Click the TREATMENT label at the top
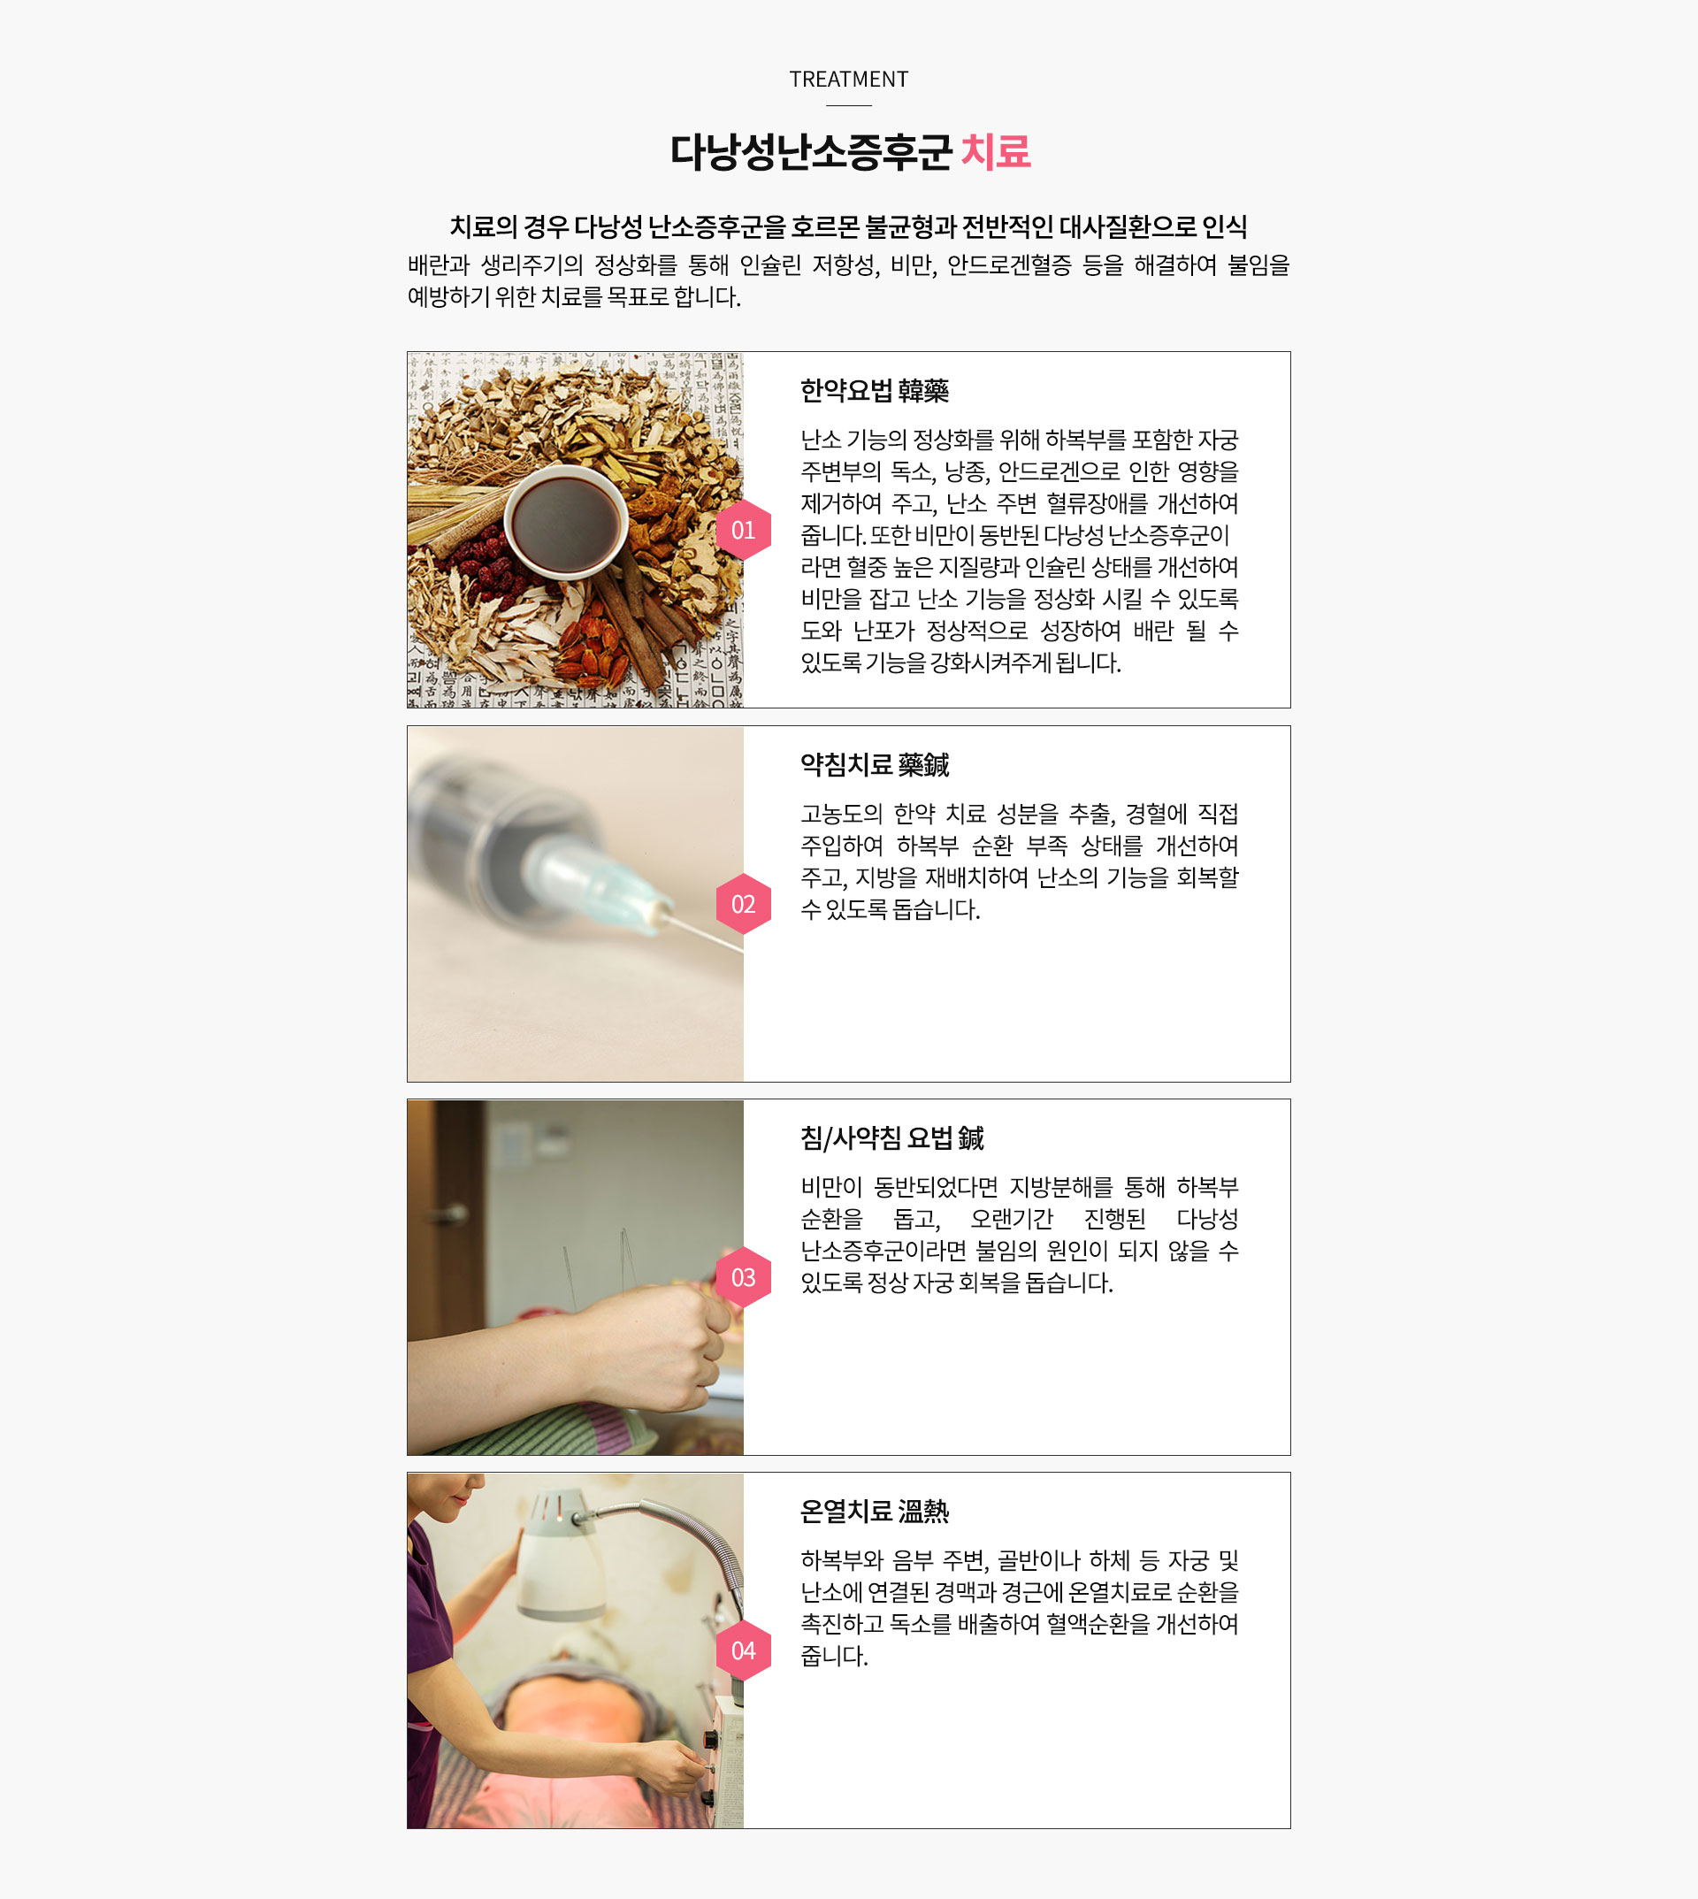[848, 80]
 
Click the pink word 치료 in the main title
[996, 151]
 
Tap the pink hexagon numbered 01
[744, 530]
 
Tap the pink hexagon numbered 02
[744, 904]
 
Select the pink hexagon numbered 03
[744, 1277]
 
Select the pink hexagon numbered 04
[744, 1650]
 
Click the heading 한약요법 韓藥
[874, 391]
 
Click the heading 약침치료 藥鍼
[874, 765]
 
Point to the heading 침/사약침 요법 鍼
[892, 1138]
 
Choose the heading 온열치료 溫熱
[874, 1512]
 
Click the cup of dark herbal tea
[565, 523]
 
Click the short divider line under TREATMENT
[849, 105]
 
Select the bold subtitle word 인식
[1224, 226]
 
